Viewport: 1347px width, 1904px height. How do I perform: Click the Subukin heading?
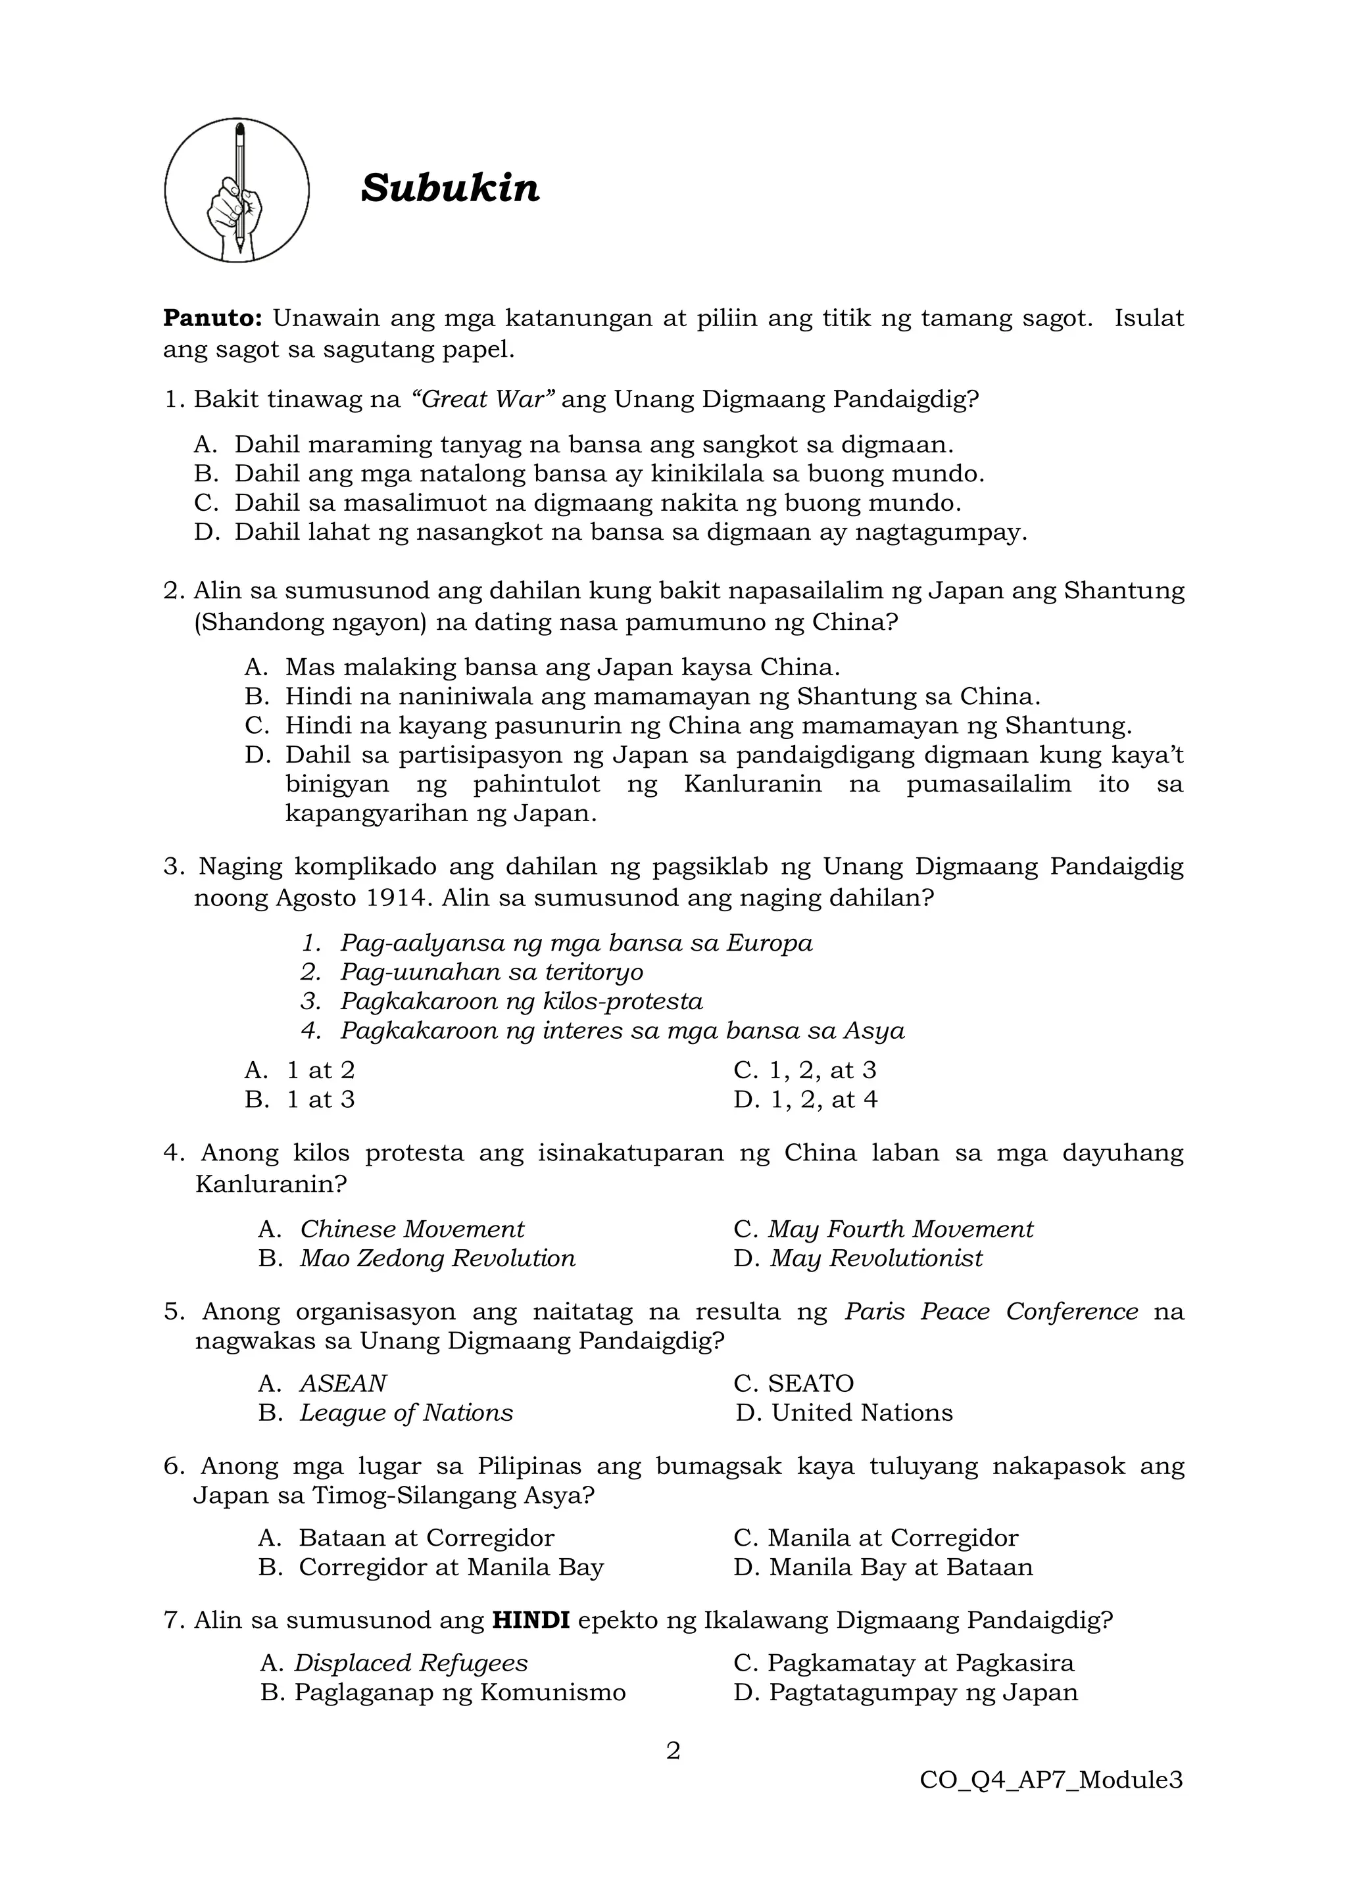[450, 188]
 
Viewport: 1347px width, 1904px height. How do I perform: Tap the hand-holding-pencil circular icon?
[237, 191]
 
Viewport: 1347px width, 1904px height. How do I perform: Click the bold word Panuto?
[212, 318]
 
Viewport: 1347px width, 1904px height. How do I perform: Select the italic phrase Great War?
[483, 400]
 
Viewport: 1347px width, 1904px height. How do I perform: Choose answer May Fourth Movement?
[900, 1229]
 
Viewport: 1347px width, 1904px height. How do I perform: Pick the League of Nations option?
[406, 1412]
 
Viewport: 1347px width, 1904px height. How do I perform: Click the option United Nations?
[861, 1412]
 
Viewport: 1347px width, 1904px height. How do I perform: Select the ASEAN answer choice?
[343, 1383]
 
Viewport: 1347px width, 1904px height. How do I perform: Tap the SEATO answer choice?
[810, 1383]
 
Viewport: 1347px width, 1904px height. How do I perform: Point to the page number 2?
[673, 1751]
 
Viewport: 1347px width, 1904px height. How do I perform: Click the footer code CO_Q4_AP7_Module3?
[1051, 1780]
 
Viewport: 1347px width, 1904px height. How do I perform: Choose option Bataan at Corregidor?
[426, 1537]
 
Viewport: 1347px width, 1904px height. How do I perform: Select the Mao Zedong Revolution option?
[437, 1258]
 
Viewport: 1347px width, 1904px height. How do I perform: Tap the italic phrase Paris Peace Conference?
[991, 1311]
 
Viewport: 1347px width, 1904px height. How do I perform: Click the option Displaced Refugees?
[410, 1663]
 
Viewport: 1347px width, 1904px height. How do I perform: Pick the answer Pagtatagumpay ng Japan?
[922, 1692]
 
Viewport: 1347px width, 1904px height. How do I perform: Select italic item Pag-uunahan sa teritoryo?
[491, 972]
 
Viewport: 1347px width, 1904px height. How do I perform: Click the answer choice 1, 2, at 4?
[822, 1100]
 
